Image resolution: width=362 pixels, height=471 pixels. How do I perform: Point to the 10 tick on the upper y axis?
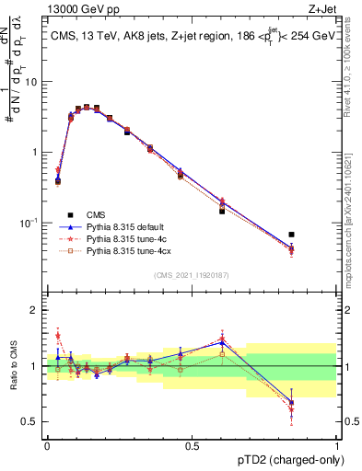tap(33, 82)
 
